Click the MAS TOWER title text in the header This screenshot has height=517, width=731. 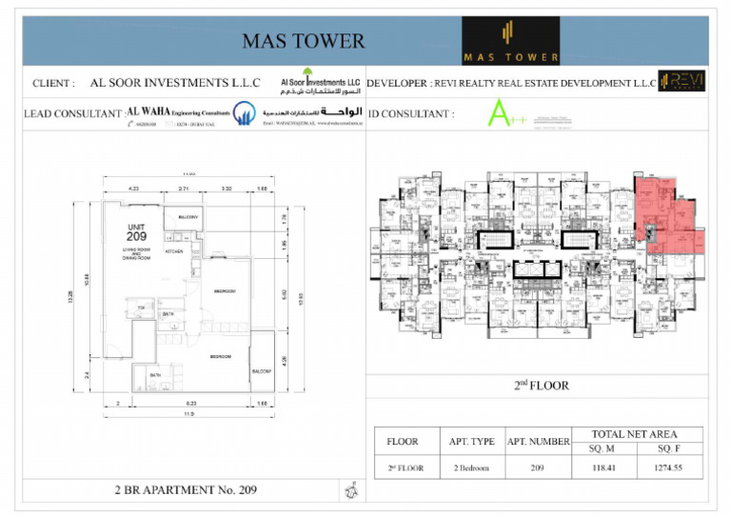303,40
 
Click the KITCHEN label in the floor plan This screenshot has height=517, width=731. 174,251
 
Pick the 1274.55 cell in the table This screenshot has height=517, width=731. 670,467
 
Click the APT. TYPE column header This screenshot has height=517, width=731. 471,442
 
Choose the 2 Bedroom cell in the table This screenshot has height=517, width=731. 471,467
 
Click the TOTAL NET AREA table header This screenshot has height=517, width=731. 636,433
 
